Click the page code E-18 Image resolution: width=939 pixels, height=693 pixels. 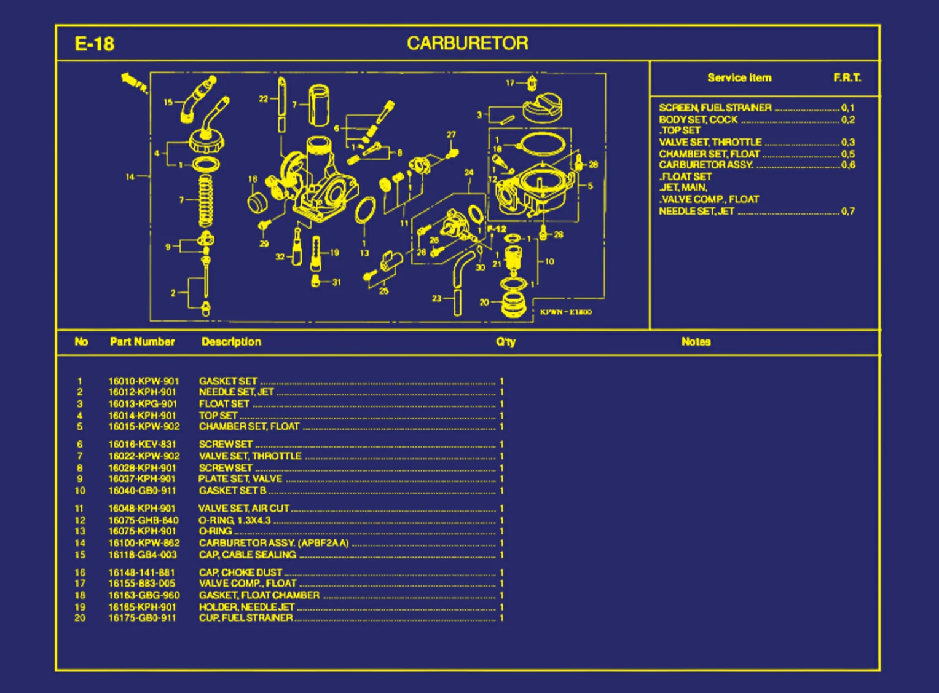[94, 44]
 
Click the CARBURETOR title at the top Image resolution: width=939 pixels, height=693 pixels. [467, 43]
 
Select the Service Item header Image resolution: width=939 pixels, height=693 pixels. [739, 77]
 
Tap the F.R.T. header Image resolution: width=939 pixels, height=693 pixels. [847, 77]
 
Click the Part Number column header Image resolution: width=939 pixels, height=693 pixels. [142, 341]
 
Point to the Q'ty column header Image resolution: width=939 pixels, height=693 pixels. [506, 342]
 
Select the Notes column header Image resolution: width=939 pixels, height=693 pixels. [696, 341]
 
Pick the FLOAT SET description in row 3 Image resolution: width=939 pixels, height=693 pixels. [224, 404]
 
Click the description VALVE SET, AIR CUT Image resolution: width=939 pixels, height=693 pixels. [243, 509]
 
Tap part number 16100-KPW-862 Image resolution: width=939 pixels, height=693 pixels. [144, 543]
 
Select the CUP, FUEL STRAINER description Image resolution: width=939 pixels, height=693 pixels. [246, 618]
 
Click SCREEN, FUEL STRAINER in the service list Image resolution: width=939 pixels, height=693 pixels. [715, 108]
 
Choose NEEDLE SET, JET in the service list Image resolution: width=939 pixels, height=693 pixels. [696, 212]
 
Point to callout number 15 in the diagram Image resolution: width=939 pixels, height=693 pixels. [168, 102]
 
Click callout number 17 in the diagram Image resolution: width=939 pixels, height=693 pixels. [510, 82]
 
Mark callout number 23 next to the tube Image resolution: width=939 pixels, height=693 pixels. [436, 298]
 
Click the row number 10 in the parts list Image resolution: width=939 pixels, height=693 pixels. [80, 491]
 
